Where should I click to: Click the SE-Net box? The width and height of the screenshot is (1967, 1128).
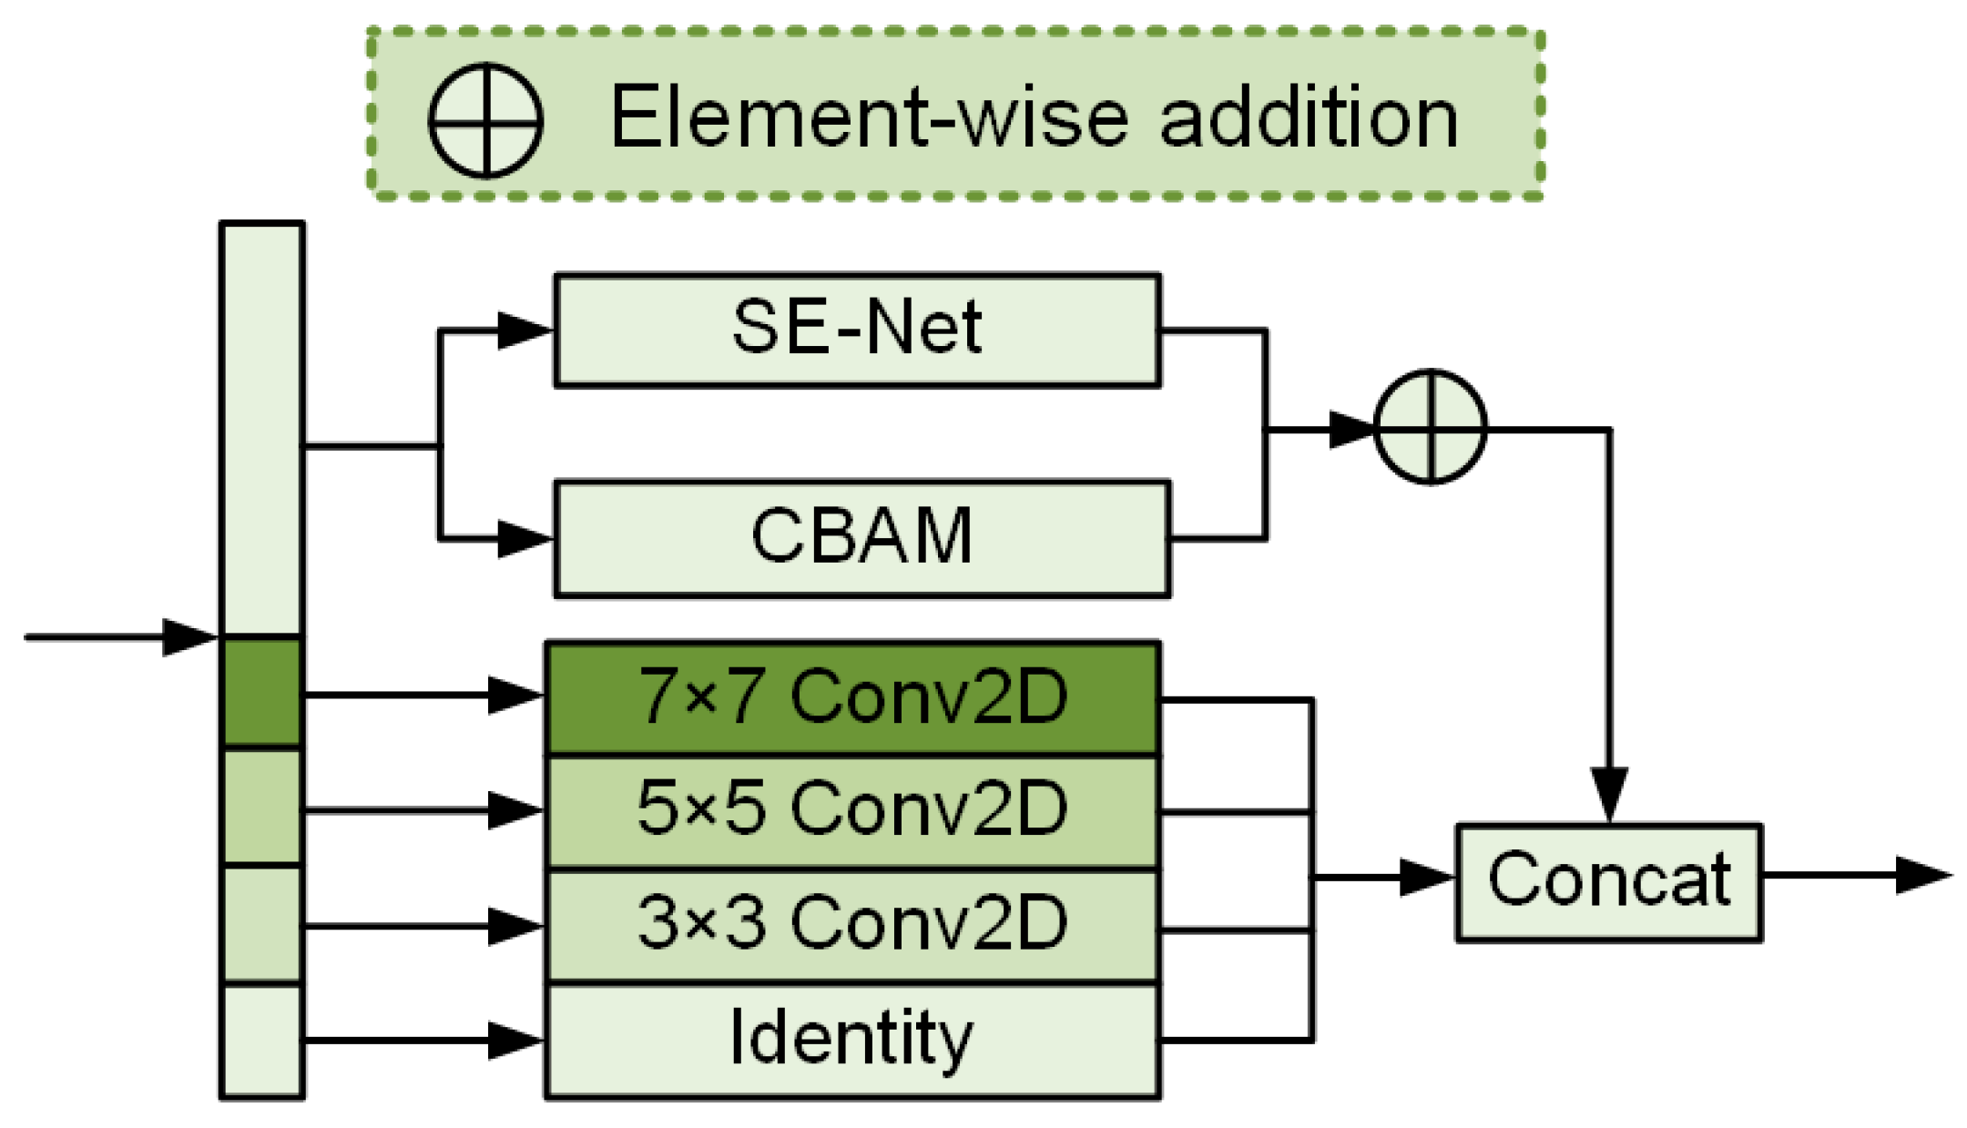click(x=856, y=330)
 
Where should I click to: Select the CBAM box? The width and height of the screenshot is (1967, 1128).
click(x=861, y=538)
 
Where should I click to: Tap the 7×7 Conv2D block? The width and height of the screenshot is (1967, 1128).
click(x=852, y=697)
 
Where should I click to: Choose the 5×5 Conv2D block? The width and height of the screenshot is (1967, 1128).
click(x=852, y=810)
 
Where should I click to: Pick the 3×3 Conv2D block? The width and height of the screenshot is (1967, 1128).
click(x=852, y=925)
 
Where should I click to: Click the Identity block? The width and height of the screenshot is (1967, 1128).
click(x=852, y=1040)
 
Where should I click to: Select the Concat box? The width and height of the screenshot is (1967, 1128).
click(x=1608, y=881)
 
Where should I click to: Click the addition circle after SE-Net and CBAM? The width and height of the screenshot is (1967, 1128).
click(x=1430, y=426)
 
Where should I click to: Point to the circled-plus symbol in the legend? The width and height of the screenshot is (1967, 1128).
click(x=485, y=119)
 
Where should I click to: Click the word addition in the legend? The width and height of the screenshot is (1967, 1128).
click(x=1309, y=118)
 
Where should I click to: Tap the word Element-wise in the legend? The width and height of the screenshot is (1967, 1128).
click(x=870, y=118)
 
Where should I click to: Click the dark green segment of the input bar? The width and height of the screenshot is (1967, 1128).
click(x=261, y=692)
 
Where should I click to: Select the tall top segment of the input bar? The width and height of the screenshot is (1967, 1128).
click(x=261, y=428)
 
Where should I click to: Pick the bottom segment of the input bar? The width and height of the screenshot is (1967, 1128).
click(x=261, y=1040)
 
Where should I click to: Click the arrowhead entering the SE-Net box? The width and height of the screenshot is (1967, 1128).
click(x=524, y=330)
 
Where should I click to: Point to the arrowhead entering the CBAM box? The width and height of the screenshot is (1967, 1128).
click(x=524, y=538)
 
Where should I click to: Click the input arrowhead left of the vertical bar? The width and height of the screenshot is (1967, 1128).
click(x=189, y=636)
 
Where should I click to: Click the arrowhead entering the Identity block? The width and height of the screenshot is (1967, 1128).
click(x=515, y=1040)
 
